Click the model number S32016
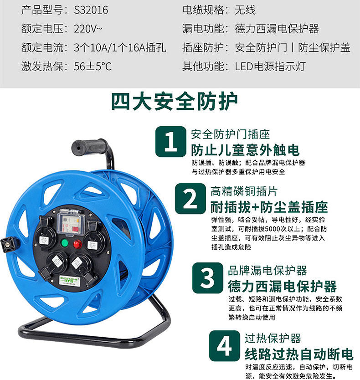tap(91, 10)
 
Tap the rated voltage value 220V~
tap(88, 29)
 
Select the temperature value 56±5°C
tap(93, 67)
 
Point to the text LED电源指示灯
tap(270, 67)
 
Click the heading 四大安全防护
tap(175, 101)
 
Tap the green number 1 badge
tap(171, 142)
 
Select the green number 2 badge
tap(190, 199)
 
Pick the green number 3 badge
tap(207, 278)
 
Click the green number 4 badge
tap(224, 346)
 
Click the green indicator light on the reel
tap(65, 243)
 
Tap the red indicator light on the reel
tap(77, 244)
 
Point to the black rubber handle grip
tap(89, 147)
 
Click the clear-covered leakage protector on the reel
tap(71, 224)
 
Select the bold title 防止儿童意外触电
tap(245, 150)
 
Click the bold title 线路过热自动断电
tap(299, 354)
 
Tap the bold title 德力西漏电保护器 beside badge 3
tap(282, 287)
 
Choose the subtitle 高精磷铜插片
tap(244, 191)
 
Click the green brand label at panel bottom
tap(69, 281)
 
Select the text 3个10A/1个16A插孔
tap(120, 47)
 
